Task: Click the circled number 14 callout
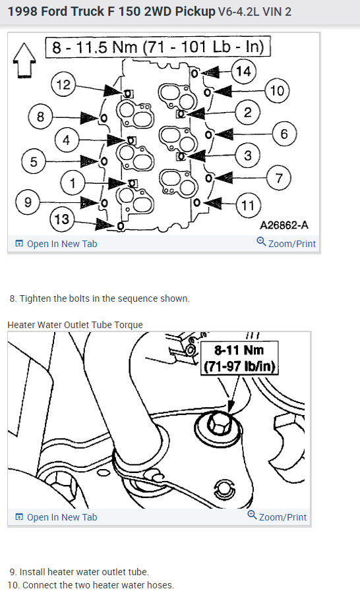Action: coord(243,71)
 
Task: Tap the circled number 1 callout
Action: coord(73,183)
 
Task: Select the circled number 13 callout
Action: coord(62,219)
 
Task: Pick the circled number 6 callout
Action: coord(285,134)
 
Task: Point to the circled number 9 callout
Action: coord(28,202)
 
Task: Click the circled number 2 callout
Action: coord(247,112)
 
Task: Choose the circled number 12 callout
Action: coord(63,84)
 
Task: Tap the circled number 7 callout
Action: coord(280,178)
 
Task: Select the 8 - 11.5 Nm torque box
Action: coord(158,47)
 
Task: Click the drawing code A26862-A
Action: coord(284,225)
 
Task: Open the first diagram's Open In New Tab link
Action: coord(56,244)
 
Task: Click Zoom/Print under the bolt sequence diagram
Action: coord(286,243)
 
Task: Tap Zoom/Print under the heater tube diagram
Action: coord(277,517)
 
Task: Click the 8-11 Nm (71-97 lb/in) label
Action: coord(239,358)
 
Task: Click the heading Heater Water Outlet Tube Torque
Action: coord(75,325)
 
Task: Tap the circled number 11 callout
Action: coord(248,206)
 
